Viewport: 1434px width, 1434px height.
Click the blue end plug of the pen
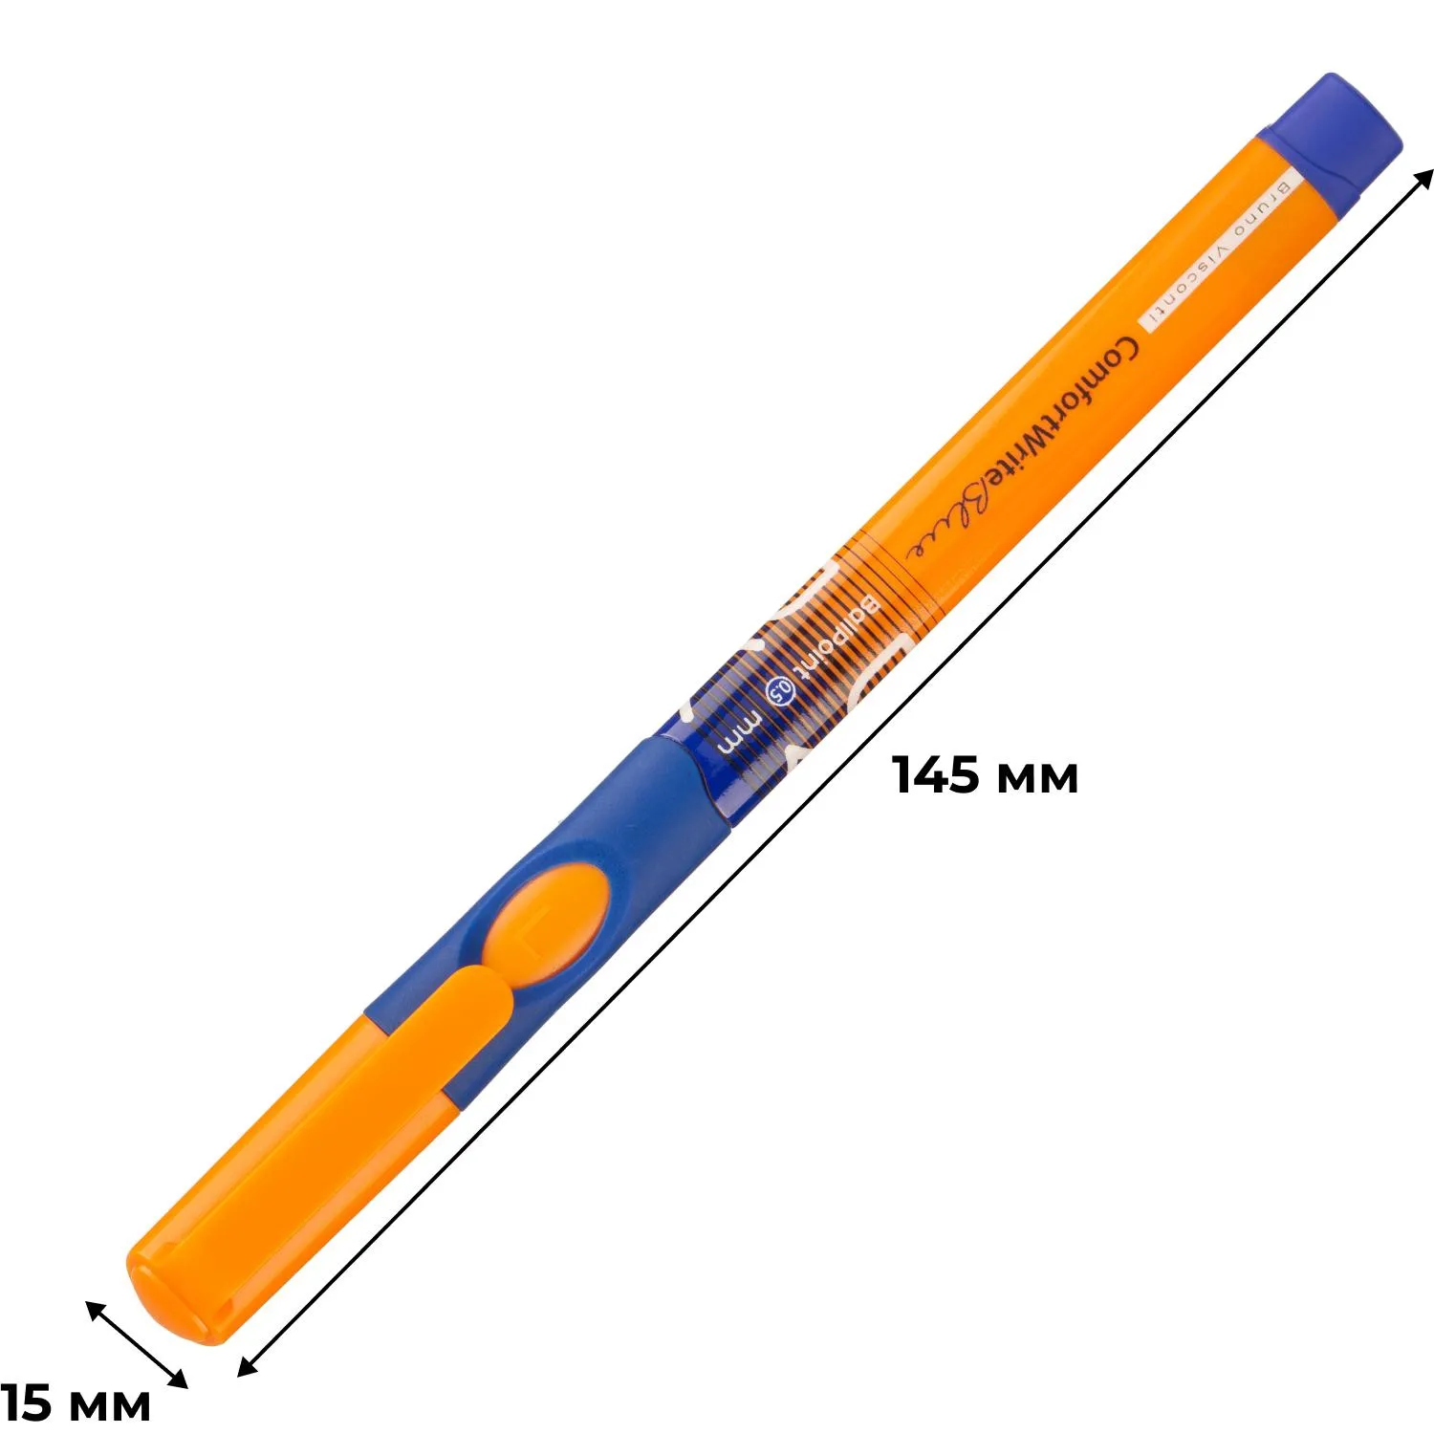(x=1330, y=134)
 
